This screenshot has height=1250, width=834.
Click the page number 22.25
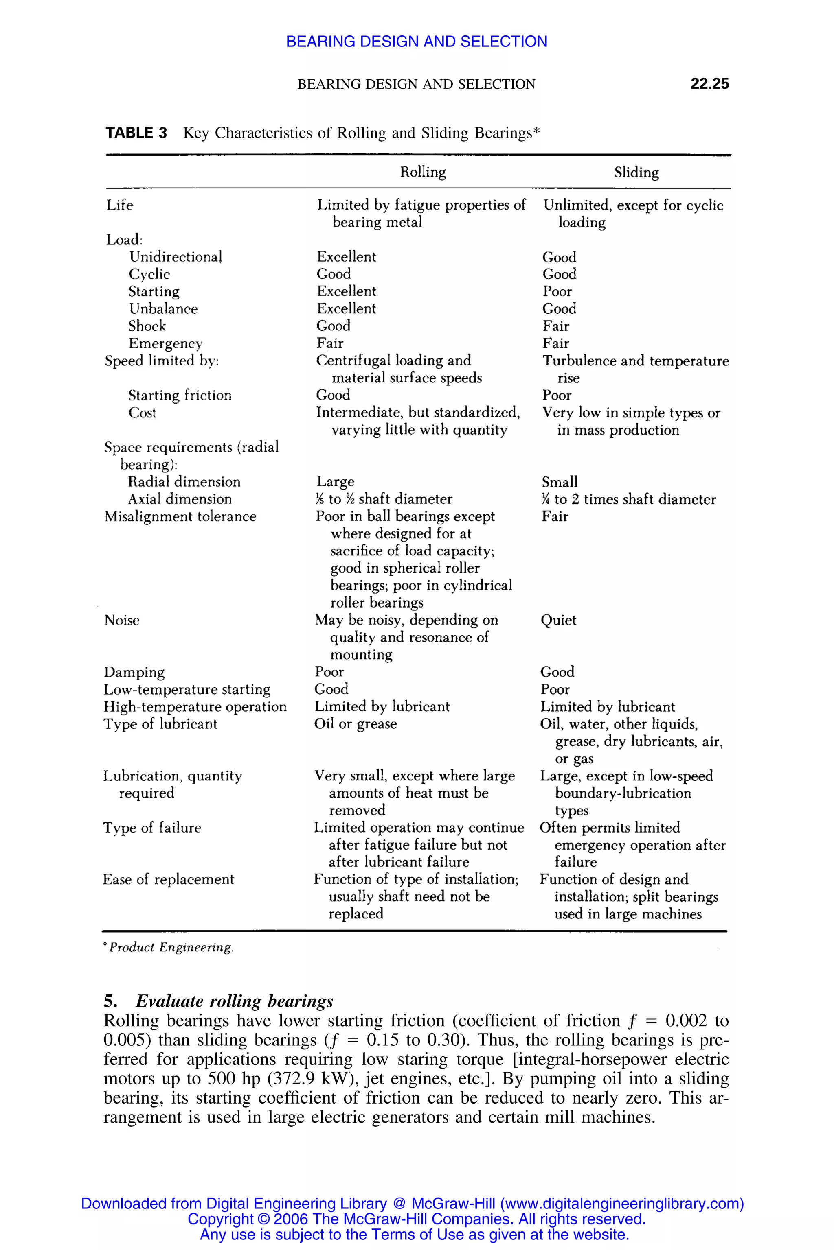[709, 83]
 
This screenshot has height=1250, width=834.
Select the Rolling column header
[423, 172]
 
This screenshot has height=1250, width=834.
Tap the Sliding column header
[636, 172]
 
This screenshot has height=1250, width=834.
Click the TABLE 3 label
[136, 133]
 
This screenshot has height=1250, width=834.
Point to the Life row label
[120, 205]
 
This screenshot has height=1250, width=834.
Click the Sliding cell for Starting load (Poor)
[557, 291]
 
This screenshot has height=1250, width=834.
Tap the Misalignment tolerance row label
[180, 517]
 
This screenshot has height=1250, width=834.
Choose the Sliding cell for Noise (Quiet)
[558, 620]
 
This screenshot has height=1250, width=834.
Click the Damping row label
[134, 672]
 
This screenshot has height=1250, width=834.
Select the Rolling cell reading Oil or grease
[355, 724]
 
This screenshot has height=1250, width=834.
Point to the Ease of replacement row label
[168, 880]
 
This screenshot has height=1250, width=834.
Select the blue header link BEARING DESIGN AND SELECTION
[417, 42]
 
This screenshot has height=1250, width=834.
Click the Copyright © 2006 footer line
[417, 1219]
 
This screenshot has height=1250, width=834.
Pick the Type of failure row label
[152, 828]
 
